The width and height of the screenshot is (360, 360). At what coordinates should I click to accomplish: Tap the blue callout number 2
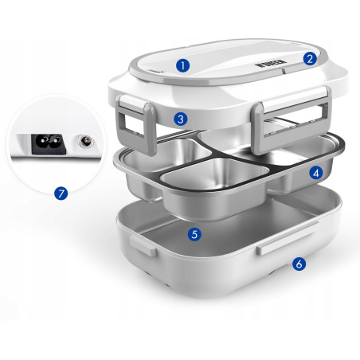(x=310, y=57)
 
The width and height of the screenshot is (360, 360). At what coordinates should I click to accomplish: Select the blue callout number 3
(x=182, y=119)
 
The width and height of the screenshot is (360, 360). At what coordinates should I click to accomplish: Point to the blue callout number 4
(x=315, y=171)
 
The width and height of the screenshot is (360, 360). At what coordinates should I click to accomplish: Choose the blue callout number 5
(x=194, y=234)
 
